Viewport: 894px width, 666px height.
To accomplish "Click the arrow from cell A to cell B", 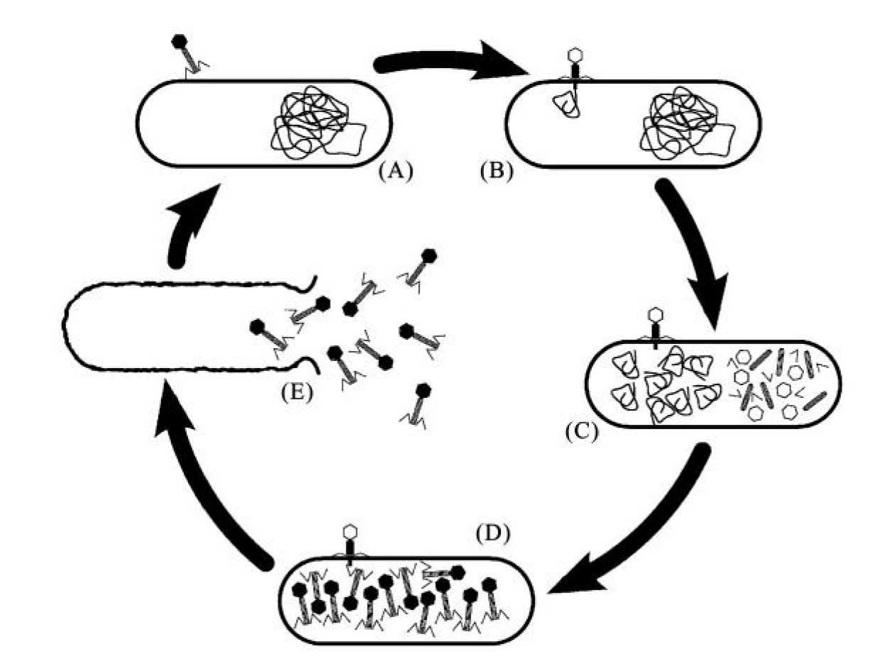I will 454,65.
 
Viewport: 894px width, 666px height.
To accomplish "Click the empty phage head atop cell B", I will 575,56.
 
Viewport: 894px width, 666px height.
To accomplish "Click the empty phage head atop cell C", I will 655,313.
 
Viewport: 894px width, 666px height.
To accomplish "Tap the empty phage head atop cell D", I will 350,531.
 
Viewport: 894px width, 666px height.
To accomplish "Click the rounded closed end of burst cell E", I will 67,327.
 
